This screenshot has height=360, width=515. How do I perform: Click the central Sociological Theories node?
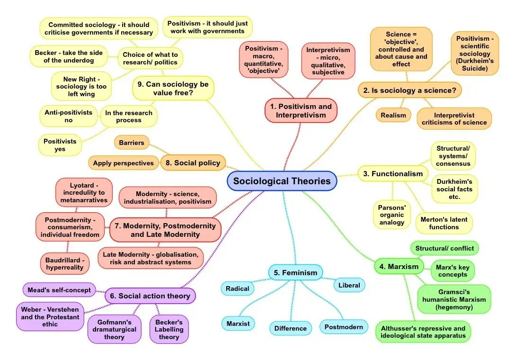(x=282, y=181)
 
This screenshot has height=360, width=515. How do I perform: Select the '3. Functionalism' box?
(x=392, y=174)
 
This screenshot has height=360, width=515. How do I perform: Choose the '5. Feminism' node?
(x=296, y=273)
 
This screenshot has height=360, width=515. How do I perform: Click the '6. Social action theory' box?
(x=150, y=296)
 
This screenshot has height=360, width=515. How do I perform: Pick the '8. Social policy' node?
(x=193, y=163)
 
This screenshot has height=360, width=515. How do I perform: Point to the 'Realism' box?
(x=393, y=115)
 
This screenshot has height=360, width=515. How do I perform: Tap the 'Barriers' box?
(x=132, y=142)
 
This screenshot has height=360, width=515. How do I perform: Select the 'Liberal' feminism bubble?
(x=349, y=285)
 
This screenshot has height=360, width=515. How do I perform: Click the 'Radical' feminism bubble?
(x=237, y=288)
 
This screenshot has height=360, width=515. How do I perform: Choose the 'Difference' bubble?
(x=291, y=328)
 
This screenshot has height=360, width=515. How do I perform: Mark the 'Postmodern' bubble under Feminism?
(x=344, y=327)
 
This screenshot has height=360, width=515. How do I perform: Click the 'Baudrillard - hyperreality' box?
(x=64, y=263)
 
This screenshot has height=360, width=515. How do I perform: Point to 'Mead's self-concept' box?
(x=59, y=290)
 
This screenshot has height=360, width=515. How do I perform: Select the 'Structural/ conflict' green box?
(x=444, y=248)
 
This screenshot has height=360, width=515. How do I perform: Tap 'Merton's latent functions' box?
(x=444, y=223)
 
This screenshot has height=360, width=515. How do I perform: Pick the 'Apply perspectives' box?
(x=123, y=163)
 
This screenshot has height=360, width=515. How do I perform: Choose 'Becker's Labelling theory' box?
(x=169, y=329)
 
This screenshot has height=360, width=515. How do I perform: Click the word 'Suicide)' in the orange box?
(x=474, y=68)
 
